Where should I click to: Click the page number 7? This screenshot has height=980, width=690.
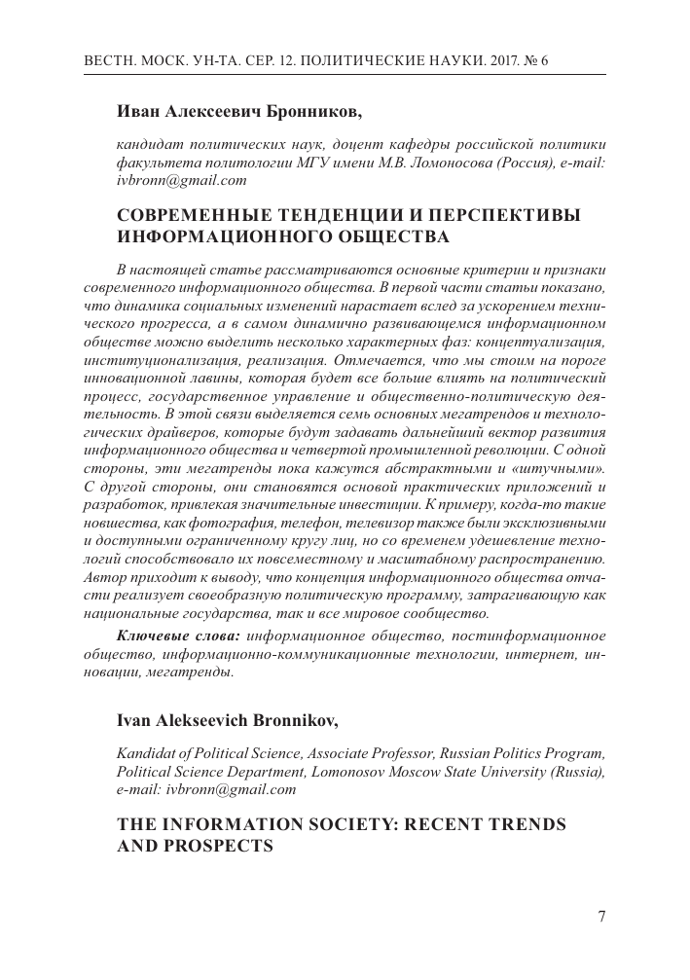pos(601,917)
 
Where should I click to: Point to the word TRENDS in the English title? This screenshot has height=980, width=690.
pos(524,823)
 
